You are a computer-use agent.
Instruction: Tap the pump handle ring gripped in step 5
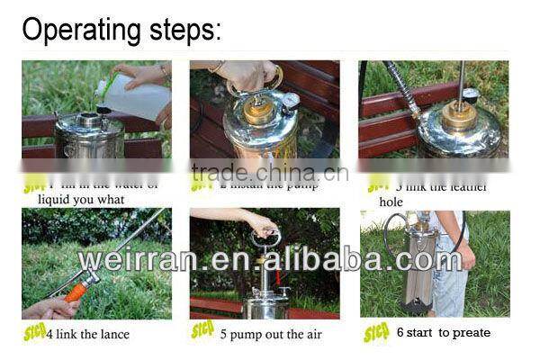pyautogui.click(x=265, y=238)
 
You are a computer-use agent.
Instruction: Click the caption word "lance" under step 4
pyautogui.click(x=112, y=334)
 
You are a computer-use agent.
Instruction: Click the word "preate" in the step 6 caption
pyautogui.click(x=472, y=333)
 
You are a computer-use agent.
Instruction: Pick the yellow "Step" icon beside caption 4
pyautogui.click(x=35, y=333)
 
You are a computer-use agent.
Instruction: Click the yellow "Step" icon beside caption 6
pyautogui.click(x=376, y=333)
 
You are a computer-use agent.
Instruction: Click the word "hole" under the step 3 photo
pyautogui.click(x=391, y=202)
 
